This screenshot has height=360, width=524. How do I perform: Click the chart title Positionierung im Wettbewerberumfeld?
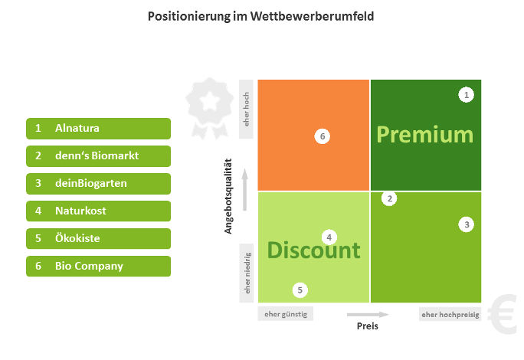pyautogui.click(x=260, y=15)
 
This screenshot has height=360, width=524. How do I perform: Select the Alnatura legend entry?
pyautogui.click(x=98, y=128)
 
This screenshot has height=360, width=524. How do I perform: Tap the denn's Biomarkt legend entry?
pyautogui.click(x=98, y=155)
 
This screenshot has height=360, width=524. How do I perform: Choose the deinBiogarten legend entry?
pyautogui.click(x=98, y=183)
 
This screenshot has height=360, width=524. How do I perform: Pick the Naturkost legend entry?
pyautogui.click(x=98, y=211)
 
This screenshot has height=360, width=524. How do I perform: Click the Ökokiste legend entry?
pyautogui.click(x=98, y=238)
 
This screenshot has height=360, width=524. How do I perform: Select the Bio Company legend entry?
pyautogui.click(x=98, y=266)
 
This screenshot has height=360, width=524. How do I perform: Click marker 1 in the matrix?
pyautogui.click(x=467, y=95)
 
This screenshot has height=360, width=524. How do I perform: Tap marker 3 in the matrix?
pyautogui.click(x=467, y=224)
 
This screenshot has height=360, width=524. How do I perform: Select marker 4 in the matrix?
pyautogui.click(x=329, y=237)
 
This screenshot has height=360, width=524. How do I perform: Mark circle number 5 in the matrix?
pyautogui.click(x=300, y=290)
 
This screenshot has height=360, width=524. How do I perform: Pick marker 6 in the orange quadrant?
pyautogui.click(x=323, y=136)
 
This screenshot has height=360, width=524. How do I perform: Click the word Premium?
pyautogui.click(x=425, y=135)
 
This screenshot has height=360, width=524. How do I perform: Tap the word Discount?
pyautogui.click(x=313, y=250)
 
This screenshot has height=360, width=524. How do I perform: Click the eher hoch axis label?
pyautogui.click(x=247, y=110)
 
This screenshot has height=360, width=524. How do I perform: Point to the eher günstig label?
pyautogui.click(x=287, y=314)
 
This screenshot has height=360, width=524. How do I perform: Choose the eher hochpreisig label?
pyautogui.click(x=450, y=314)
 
